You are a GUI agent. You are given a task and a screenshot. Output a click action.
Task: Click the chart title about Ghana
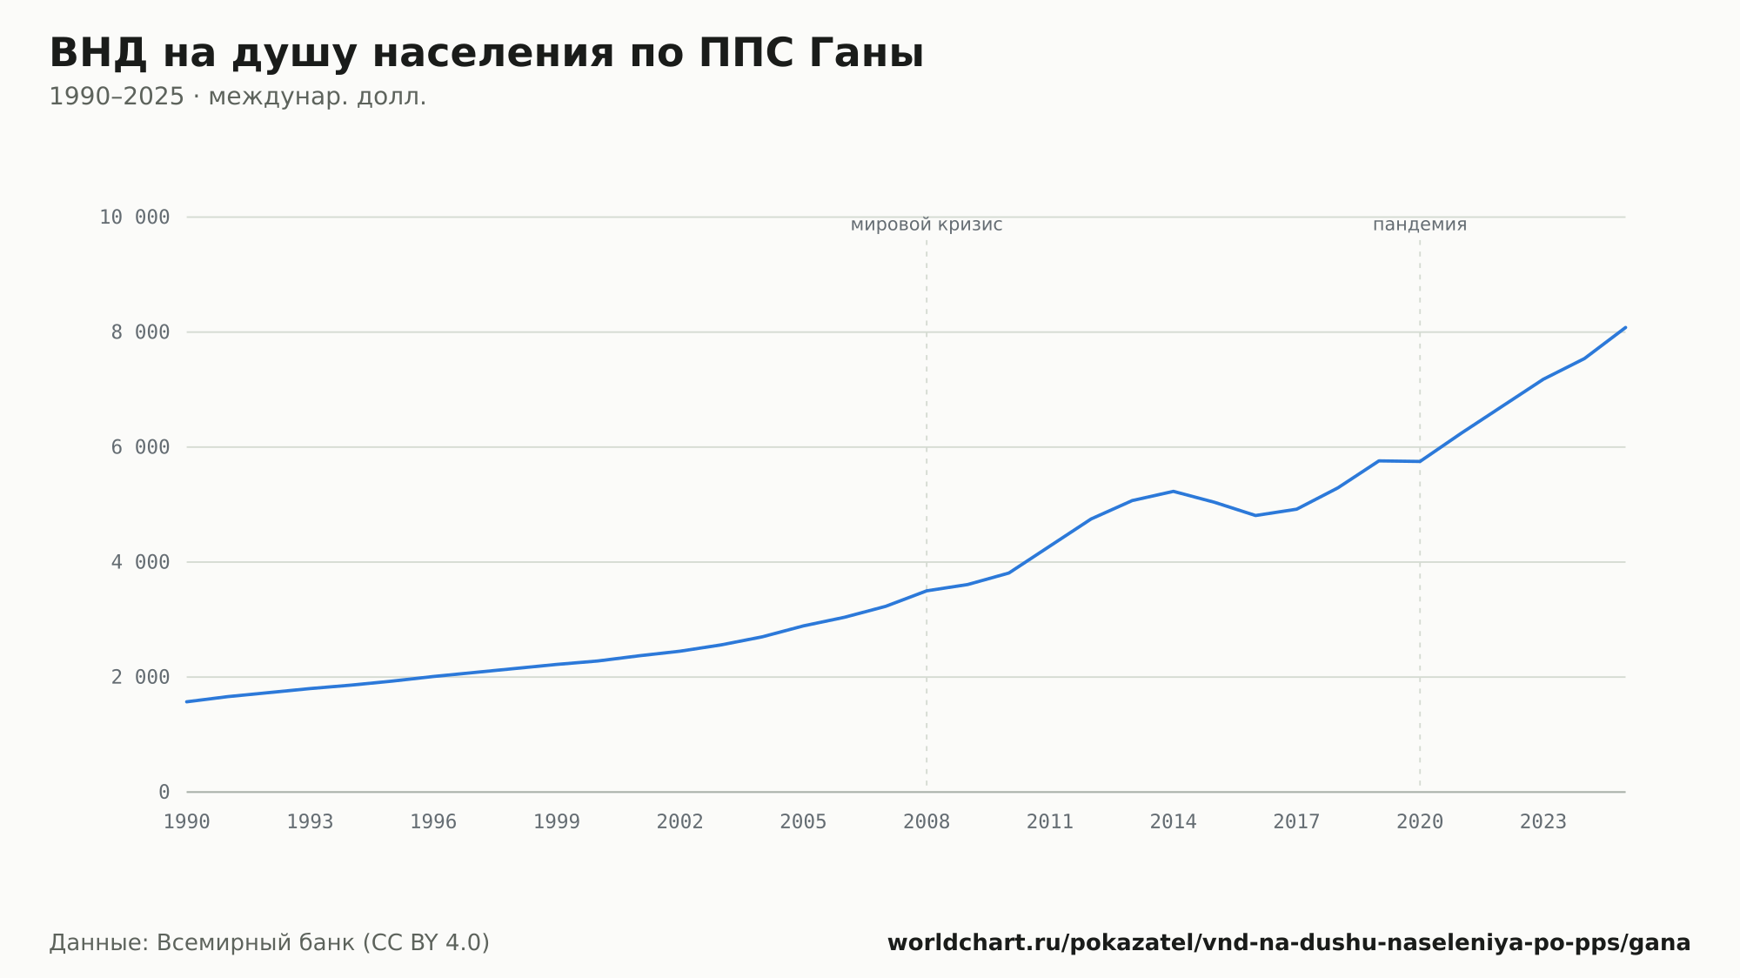click(x=486, y=54)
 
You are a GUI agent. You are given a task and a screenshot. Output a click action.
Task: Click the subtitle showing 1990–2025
click(x=238, y=97)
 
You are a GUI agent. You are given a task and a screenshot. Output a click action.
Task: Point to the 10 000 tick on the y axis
click(x=135, y=218)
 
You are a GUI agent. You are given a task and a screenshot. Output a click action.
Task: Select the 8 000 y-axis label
click(x=140, y=332)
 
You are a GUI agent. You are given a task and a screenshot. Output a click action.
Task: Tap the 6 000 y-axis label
click(x=140, y=447)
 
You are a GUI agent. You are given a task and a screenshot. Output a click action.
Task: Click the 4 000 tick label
click(x=140, y=562)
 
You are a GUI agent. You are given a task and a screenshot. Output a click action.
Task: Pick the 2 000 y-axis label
click(x=140, y=677)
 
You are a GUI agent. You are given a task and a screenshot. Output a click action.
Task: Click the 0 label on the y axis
click(x=164, y=792)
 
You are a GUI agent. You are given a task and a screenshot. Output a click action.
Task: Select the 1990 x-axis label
click(x=187, y=822)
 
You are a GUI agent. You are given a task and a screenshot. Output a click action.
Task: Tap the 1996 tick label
click(x=433, y=822)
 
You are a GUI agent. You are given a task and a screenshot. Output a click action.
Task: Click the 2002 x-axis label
click(x=680, y=822)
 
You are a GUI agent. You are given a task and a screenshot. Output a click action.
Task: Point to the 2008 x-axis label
click(x=927, y=822)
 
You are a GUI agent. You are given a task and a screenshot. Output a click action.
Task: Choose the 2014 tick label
click(x=1174, y=822)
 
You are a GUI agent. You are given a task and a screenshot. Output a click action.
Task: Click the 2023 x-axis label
click(x=1543, y=822)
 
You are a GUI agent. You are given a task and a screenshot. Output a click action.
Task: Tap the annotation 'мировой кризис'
click(x=927, y=224)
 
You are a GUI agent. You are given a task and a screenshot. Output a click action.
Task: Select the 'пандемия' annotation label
click(x=1420, y=224)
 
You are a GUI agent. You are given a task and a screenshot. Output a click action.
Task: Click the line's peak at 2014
click(x=1174, y=492)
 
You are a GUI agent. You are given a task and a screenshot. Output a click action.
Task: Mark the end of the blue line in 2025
click(x=1625, y=327)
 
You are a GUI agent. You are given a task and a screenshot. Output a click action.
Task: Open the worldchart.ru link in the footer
click(x=1288, y=943)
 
